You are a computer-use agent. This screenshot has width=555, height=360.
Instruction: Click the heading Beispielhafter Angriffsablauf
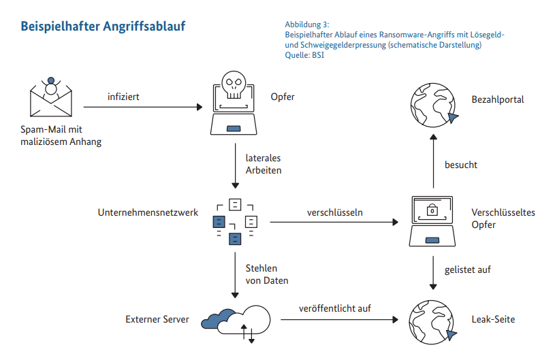[103, 27]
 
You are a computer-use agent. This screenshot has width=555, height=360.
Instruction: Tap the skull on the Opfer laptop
[234, 85]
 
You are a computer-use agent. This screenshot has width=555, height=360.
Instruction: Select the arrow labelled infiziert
[143, 107]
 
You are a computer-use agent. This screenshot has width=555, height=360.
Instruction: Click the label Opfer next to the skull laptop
[282, 97]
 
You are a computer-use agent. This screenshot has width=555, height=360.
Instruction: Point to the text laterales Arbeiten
[264, 164]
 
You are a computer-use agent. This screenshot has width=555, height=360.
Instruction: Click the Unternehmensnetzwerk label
[148, 212]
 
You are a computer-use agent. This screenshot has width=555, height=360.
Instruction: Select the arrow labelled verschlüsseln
[334, 222]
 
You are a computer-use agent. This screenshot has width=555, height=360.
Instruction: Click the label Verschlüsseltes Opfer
[503, 218]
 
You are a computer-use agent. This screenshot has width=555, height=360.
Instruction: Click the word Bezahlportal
[497, 99]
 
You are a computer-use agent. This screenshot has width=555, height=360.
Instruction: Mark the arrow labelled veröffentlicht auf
[334, 318]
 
